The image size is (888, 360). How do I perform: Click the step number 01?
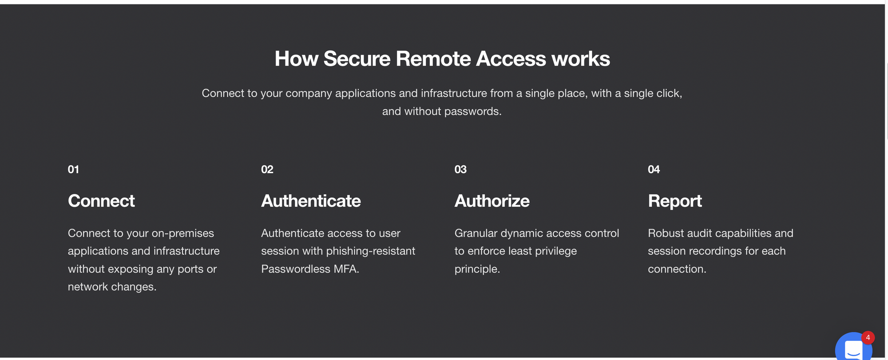coord(73,169)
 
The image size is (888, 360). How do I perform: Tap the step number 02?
coord(267,169)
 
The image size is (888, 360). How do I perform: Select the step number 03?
coord(460,169)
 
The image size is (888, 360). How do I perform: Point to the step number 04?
coord(654,169)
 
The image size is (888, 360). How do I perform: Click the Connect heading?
coord(101,201)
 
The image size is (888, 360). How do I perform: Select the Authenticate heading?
coord(311,201)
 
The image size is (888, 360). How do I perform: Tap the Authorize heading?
coord(492,201)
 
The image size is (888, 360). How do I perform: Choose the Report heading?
coord(675,201)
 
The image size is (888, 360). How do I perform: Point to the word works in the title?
coord(580,59)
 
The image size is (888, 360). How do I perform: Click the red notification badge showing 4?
coord(868,338)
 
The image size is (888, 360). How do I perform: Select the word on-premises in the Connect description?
coord(183,233)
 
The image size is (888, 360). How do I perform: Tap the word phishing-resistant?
coord(371,251)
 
